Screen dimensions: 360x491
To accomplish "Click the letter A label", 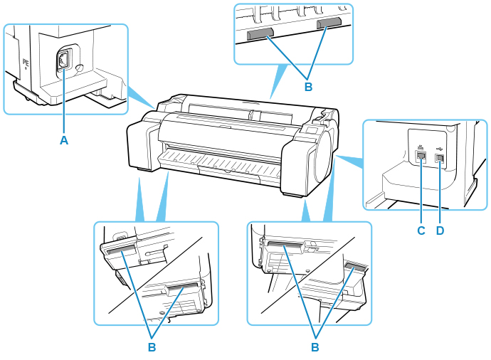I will click(63, 140).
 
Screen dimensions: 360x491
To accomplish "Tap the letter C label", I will click(421, 231).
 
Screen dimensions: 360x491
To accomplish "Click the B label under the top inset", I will click(308, 87).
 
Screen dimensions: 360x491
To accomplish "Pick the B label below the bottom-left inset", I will click(151, 348).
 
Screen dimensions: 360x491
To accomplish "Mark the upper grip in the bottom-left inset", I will click(120, 249).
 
